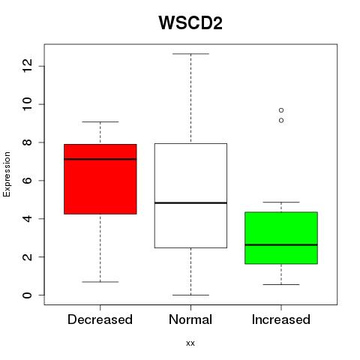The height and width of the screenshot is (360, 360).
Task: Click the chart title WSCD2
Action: click(x=190, y=23)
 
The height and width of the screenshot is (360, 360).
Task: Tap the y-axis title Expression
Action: click(x=7, y=174)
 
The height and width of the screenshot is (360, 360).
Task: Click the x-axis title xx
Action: click(x=190, y=343)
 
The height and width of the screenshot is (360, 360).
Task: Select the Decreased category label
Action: click(x=100, y=319)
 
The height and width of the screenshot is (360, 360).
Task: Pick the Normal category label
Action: click(x=190, y=319)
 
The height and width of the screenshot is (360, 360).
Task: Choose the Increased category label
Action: click(x=281, y=319)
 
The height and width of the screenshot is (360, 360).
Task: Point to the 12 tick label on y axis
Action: click(x=27, y=66)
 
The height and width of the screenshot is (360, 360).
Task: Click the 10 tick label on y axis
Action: click(x=27, y=104)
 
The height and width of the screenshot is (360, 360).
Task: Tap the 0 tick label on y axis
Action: click(x=27, y=295)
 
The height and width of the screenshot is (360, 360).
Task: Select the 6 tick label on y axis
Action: click(x=27, y=181)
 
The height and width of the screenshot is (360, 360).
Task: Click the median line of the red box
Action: click(x=100, y=159)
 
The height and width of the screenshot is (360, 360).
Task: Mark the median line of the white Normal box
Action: click(x=190, y=202)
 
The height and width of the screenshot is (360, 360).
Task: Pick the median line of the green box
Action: click(x=281, y=244)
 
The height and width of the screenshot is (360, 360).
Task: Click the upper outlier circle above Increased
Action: click(x=281, y=110)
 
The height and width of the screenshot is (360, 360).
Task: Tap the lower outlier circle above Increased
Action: click(x=281, y=121)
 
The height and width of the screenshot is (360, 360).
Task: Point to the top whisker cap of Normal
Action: click(x=190, y=54)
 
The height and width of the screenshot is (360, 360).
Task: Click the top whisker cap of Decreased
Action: click(x=100, y=121)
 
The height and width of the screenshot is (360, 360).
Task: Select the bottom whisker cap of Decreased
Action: click(x=100, y=282)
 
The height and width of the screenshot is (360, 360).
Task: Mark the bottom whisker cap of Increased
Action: click(x=281, y=284)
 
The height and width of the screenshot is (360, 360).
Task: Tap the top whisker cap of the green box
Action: click(x=281, y=202)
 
